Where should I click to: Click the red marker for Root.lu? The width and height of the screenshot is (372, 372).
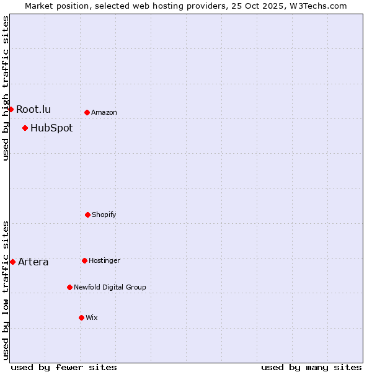11,109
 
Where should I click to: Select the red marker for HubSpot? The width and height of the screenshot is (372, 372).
25,128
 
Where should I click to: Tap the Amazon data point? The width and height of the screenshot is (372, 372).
87,112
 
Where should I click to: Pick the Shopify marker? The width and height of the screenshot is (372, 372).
87,215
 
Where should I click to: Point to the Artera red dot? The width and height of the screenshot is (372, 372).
12,262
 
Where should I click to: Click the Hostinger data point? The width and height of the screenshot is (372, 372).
84,260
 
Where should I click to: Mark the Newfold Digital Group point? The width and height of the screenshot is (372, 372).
69,287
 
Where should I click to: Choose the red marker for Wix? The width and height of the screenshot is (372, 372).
81,317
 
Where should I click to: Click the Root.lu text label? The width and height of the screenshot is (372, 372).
33,109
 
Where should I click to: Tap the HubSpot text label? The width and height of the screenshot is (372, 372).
51,128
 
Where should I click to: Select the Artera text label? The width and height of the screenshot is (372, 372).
33,262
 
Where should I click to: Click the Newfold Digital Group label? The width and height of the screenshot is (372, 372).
110,287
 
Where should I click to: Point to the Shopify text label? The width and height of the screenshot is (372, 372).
104,215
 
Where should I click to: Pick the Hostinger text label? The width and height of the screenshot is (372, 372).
104,260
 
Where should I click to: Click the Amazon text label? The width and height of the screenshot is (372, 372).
104,112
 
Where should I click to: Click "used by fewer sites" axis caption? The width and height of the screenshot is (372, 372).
64,367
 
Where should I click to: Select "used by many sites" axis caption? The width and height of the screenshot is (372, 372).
311,367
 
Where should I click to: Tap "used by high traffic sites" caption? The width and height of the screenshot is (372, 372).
6,88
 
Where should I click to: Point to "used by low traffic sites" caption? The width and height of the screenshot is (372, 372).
6,290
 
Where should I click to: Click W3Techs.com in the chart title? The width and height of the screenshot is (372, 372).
317,6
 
